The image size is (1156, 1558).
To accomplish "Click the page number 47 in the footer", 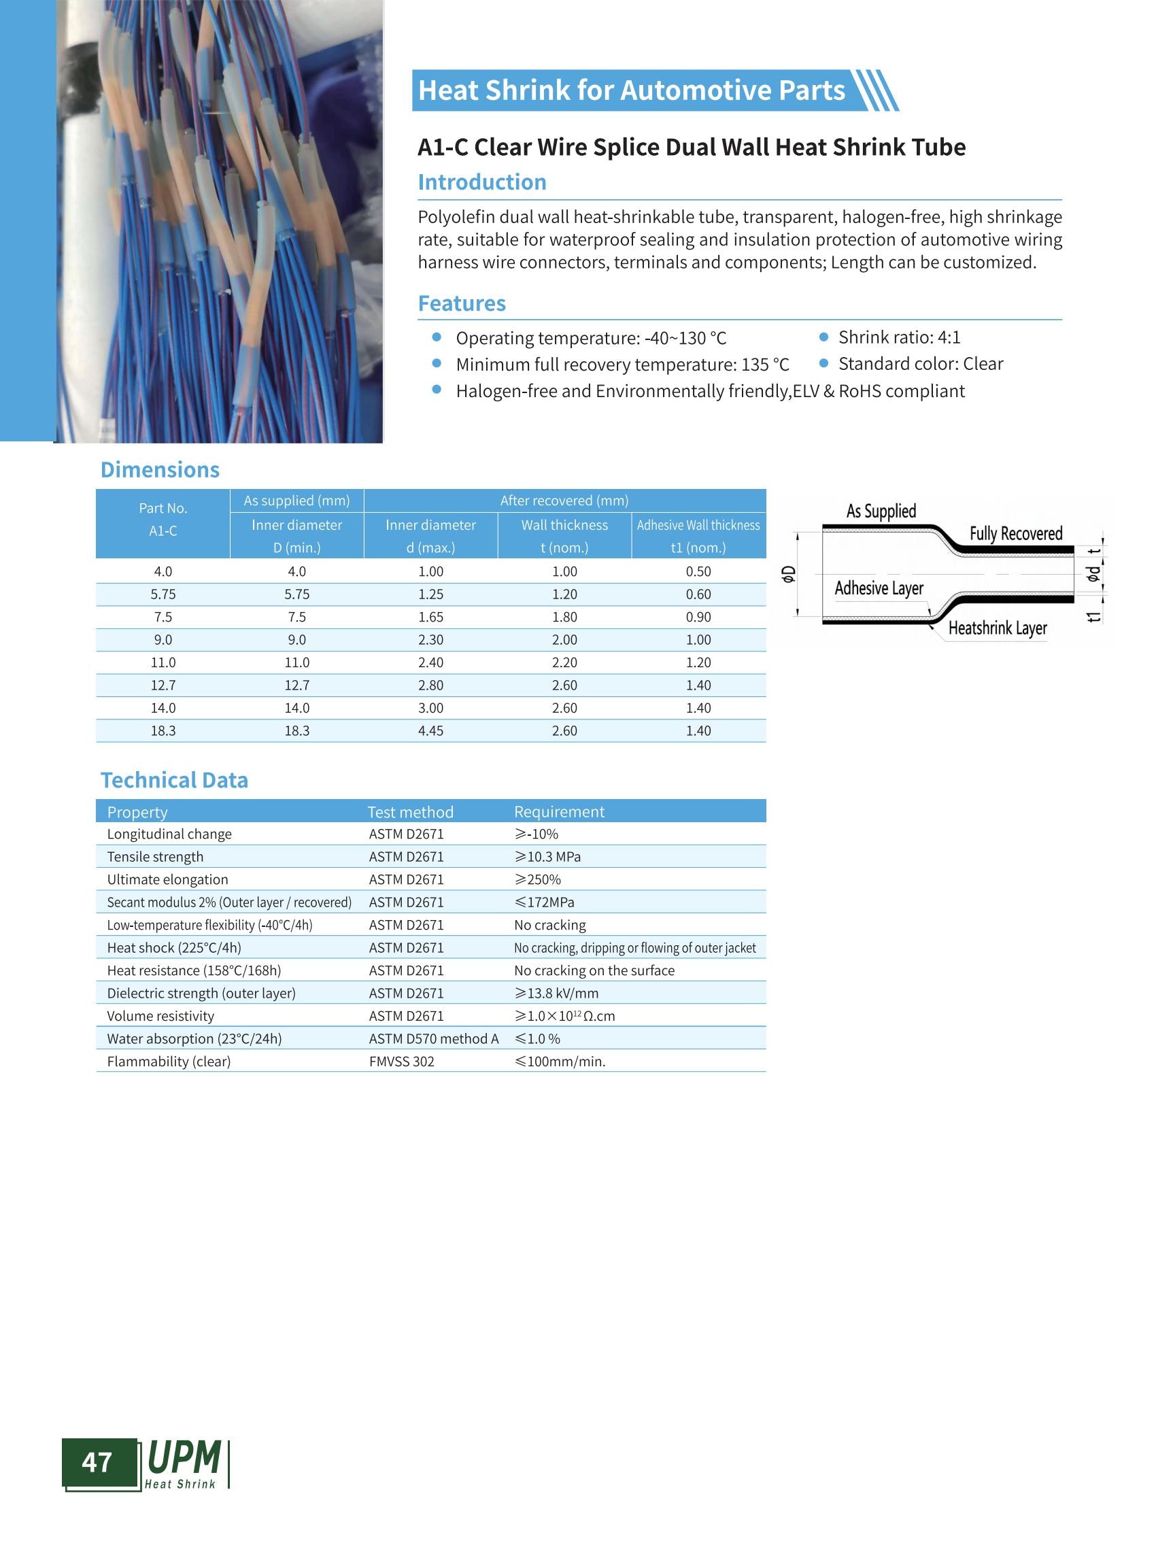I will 97,1462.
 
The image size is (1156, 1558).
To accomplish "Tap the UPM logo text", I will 184,1458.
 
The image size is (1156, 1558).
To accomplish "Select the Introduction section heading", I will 481,182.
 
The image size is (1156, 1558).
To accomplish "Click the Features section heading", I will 461,303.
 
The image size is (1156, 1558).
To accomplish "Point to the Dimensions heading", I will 160,469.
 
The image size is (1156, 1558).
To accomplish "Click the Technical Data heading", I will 174,780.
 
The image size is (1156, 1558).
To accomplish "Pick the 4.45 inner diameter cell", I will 430,730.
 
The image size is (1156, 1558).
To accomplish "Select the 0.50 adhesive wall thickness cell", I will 698,571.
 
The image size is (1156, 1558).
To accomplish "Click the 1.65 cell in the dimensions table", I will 430,617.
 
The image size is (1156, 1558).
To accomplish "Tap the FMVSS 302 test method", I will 402,1061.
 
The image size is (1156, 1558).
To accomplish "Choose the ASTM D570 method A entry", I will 434,1038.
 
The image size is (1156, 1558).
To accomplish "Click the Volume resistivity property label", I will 160,1015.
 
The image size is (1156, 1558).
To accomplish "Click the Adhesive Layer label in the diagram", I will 879,588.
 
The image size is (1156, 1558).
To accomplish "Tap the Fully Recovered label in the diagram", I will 1015,533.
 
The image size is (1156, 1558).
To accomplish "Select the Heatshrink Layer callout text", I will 997,628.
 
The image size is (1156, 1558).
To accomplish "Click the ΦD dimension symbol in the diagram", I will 789,574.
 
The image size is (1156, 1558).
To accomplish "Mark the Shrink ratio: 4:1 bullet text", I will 899,337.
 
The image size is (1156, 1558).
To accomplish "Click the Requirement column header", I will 559,811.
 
